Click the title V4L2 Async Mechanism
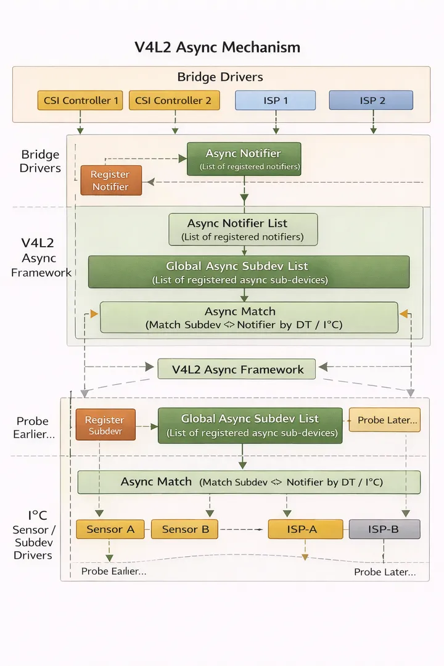pos(218,47)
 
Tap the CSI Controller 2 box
pos(174,101)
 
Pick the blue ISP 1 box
pos(275,101)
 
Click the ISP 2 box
pos(371,101)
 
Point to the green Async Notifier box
pos(244,158)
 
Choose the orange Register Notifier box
pos(111,181)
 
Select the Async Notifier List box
pos(243,229)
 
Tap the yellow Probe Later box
pos(384,420)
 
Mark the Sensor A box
pos(110,529)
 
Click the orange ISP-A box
pos(305,529)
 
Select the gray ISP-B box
pos(384,529)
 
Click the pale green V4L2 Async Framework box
pos(237,369)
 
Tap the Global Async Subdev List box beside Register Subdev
pos(250,425)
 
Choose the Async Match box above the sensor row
pos(249,482)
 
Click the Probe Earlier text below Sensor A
pos(113,572)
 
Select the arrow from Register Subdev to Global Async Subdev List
pos(147,426)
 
